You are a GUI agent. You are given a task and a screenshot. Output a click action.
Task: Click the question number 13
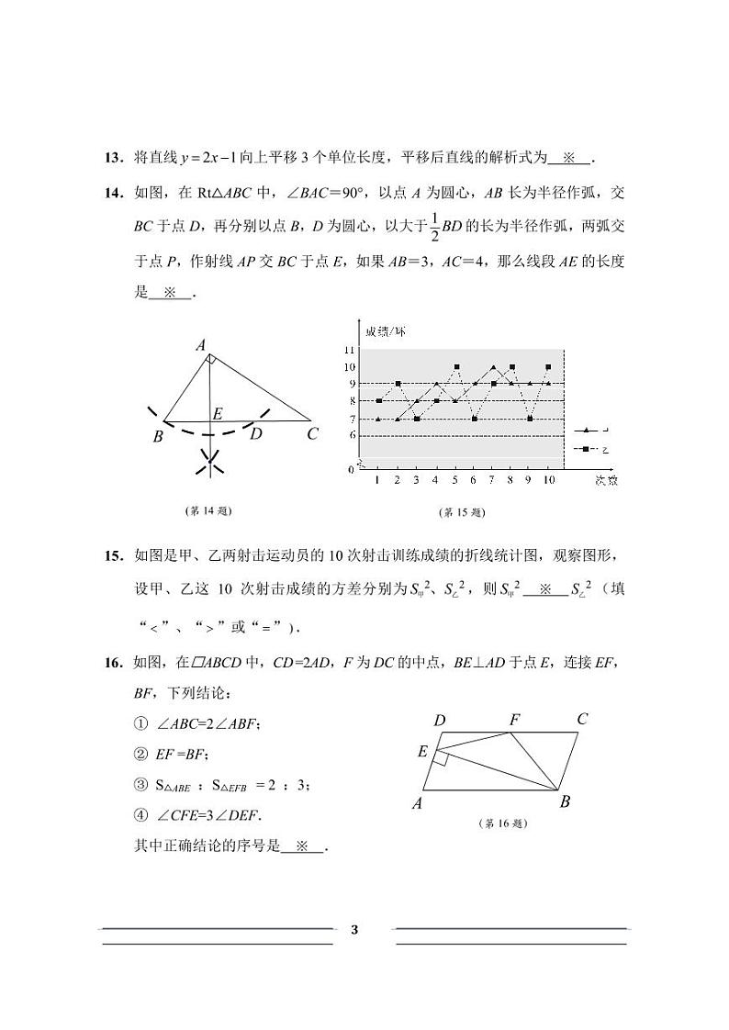click(x=113, y=157)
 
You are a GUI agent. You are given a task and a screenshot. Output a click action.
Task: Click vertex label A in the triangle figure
click(x=200, y=346)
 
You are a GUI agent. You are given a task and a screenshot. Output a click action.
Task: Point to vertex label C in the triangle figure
click(x=312, y=434)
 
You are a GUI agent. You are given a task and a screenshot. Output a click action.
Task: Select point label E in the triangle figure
click(x=218, y=414)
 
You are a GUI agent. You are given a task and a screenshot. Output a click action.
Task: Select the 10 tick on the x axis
click(x=548, y=480)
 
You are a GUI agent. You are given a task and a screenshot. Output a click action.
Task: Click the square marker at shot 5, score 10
click(x=456, y=366)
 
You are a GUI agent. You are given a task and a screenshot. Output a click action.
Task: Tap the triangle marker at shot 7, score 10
click(x=493, y=366)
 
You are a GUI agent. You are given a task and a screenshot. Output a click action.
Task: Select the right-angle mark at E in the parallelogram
click(x=442, y=757)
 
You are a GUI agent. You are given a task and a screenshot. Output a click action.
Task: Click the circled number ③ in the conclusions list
click(x=140, y=784)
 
